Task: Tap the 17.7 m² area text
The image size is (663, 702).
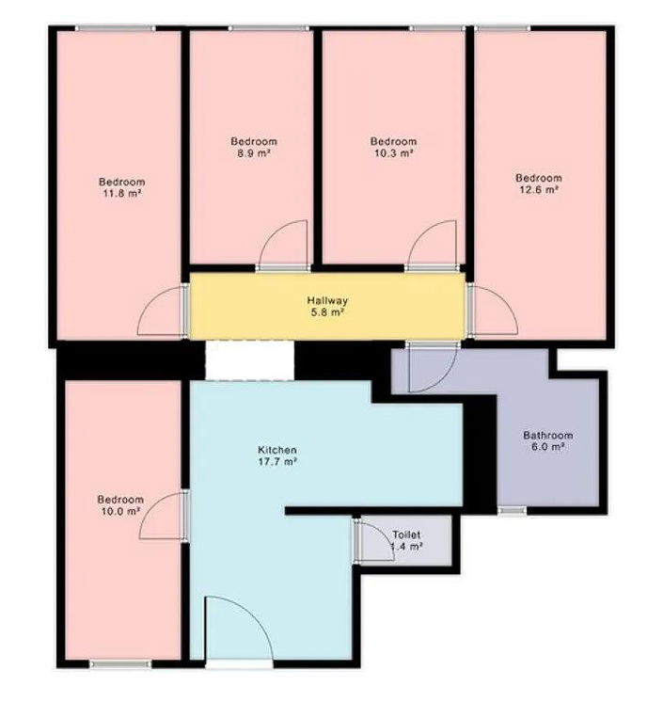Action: coord(278,462)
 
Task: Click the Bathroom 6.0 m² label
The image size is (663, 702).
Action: coord(547,441)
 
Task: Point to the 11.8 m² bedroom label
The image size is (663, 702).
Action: coord(122,187)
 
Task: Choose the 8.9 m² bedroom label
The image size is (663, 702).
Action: coord(254,147)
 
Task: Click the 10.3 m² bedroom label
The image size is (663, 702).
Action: coord(392,147)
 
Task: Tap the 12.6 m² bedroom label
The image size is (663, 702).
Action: coord(537,183)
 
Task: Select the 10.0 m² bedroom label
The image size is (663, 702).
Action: coord(121,505)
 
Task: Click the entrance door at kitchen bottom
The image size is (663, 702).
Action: coord(238,631)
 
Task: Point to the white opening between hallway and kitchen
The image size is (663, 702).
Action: coord(249,360)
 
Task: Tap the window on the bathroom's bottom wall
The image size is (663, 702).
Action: coord(512,510)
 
